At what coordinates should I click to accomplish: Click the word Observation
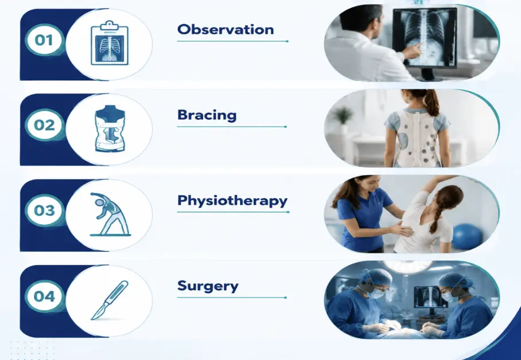tap(225, 30)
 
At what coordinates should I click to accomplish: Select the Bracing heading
tap(207, 115)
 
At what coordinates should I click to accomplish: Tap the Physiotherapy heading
tap(232, 201)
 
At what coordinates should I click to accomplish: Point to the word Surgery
tap(208, 286)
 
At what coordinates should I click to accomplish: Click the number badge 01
tap(44, 40)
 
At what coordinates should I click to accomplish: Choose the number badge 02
tap(45, 125)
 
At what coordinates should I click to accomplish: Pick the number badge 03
tap(45, 210)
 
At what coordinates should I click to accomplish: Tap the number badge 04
tap(45, 296)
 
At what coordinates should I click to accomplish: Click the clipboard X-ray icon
tap(110, 43)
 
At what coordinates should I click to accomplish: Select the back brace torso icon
tap(110, 128)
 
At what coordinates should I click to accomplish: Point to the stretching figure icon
tap(110, 214)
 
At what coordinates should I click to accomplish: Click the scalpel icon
tap(110, 300)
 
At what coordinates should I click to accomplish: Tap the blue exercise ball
tap(467, 237)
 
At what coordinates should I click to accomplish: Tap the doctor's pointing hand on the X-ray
tap(413, 52)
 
